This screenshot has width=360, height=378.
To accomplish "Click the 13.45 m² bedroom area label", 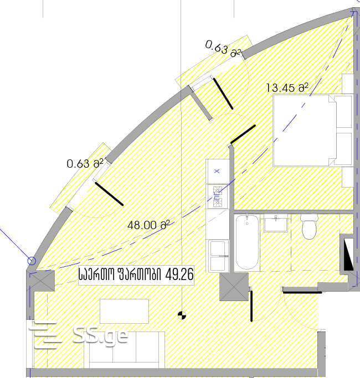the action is (287, 88).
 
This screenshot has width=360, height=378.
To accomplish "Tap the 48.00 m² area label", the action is (148, 225).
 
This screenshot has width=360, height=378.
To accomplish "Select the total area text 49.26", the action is (179, 275).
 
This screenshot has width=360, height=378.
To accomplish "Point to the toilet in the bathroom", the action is (309, 226).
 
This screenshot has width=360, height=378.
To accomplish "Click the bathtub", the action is (247, 242).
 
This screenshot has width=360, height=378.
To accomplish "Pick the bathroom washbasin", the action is (276, 224).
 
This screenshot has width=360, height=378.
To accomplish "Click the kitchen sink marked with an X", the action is (217, 171).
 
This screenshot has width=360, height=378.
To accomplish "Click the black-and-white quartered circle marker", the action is (182, 315).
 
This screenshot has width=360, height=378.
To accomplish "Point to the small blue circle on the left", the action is (32, 261).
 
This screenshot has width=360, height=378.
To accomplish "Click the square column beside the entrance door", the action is (234, 287).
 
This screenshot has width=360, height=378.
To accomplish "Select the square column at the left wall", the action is (42, 281).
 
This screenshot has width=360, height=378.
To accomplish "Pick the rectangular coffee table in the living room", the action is (124, 311).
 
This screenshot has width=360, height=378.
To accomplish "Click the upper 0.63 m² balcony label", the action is (223, 49).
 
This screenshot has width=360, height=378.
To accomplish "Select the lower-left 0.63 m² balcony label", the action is (85, 164).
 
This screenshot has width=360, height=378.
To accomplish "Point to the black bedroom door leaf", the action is (243, 134).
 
